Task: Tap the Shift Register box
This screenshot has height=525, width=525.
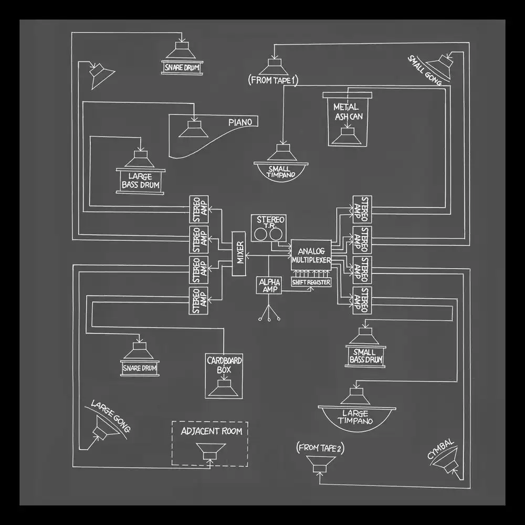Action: (311, 282)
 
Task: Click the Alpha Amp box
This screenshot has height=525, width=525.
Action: (268, 286)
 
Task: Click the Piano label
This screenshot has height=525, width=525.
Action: (240, 122)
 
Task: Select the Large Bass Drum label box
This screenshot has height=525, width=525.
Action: (140, 181)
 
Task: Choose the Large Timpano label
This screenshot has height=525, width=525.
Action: (356, 417)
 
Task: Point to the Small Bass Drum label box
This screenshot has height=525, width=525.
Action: (364, 356)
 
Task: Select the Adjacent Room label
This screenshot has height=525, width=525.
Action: (211, 431)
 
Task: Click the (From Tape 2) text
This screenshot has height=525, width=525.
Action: (320, 448)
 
